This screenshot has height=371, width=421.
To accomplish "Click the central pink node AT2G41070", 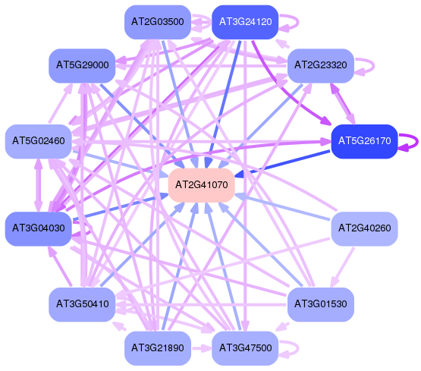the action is (201, 185).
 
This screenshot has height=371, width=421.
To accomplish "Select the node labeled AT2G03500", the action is (158, 22).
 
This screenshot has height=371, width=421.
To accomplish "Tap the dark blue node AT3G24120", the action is (245, 22).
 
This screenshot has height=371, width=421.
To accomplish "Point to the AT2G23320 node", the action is (321, 65).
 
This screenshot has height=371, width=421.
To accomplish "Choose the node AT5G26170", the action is (364, 141).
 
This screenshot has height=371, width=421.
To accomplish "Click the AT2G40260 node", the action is (364, 228).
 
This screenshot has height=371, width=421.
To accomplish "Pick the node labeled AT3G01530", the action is (321, 304).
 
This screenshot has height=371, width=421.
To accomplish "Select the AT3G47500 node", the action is (245, 348).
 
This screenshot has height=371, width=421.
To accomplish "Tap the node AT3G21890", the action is (158, 348).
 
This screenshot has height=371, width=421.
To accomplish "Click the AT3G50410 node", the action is (82, 304).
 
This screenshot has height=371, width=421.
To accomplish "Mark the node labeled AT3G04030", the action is (39, 228).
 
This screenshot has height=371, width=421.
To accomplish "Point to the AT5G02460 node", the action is (39, 141).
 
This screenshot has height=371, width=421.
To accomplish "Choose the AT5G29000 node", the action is (82, 65).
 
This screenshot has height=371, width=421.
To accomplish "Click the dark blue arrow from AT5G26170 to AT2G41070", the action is (282, 164).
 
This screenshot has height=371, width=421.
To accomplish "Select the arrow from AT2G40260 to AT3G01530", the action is (342, 267).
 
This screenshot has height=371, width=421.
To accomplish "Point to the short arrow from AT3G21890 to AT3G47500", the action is (202, 348).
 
